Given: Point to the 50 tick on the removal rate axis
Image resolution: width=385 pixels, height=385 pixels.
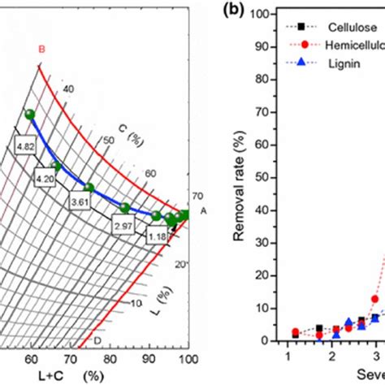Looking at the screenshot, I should (x=260, y=186).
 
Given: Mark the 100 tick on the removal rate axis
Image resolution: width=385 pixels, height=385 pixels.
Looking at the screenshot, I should (x=257, y=15).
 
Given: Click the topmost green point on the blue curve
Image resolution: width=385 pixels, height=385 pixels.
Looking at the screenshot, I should (x=30, y=115).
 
